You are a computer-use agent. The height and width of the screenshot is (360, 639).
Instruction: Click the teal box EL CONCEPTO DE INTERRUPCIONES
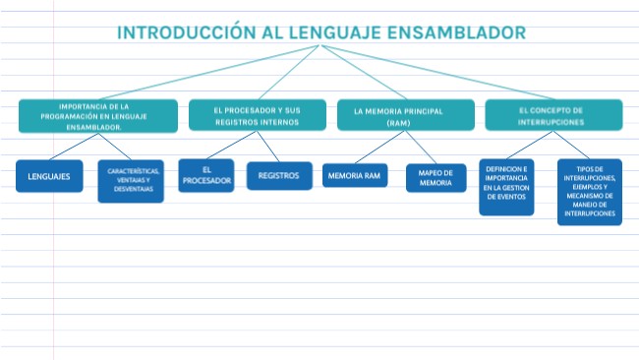[x=552, y=116]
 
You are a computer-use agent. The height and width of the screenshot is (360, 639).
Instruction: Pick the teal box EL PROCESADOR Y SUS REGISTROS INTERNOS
[x=258, y=116]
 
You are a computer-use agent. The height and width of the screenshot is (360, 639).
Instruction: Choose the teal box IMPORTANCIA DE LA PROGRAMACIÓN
[x=97, y=116]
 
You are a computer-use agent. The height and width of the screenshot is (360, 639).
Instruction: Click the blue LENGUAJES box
[x=49, y=176]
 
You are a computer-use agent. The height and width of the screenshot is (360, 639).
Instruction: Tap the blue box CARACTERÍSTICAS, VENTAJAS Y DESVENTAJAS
[x=131, y=181]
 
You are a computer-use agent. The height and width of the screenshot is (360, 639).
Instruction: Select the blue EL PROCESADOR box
[x=205, y=175]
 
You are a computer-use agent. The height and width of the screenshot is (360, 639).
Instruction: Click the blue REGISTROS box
[x=278, y=176]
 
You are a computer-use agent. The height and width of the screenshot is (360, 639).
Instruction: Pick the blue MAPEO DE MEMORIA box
[x=436, y=177]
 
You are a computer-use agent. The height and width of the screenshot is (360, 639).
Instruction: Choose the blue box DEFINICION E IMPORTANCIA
[x=506, y=186]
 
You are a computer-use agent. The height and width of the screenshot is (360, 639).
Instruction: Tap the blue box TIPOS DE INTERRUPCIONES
[x=589, y=192]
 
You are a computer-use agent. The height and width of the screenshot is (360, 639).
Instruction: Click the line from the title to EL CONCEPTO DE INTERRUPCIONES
[x=433, y=73]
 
